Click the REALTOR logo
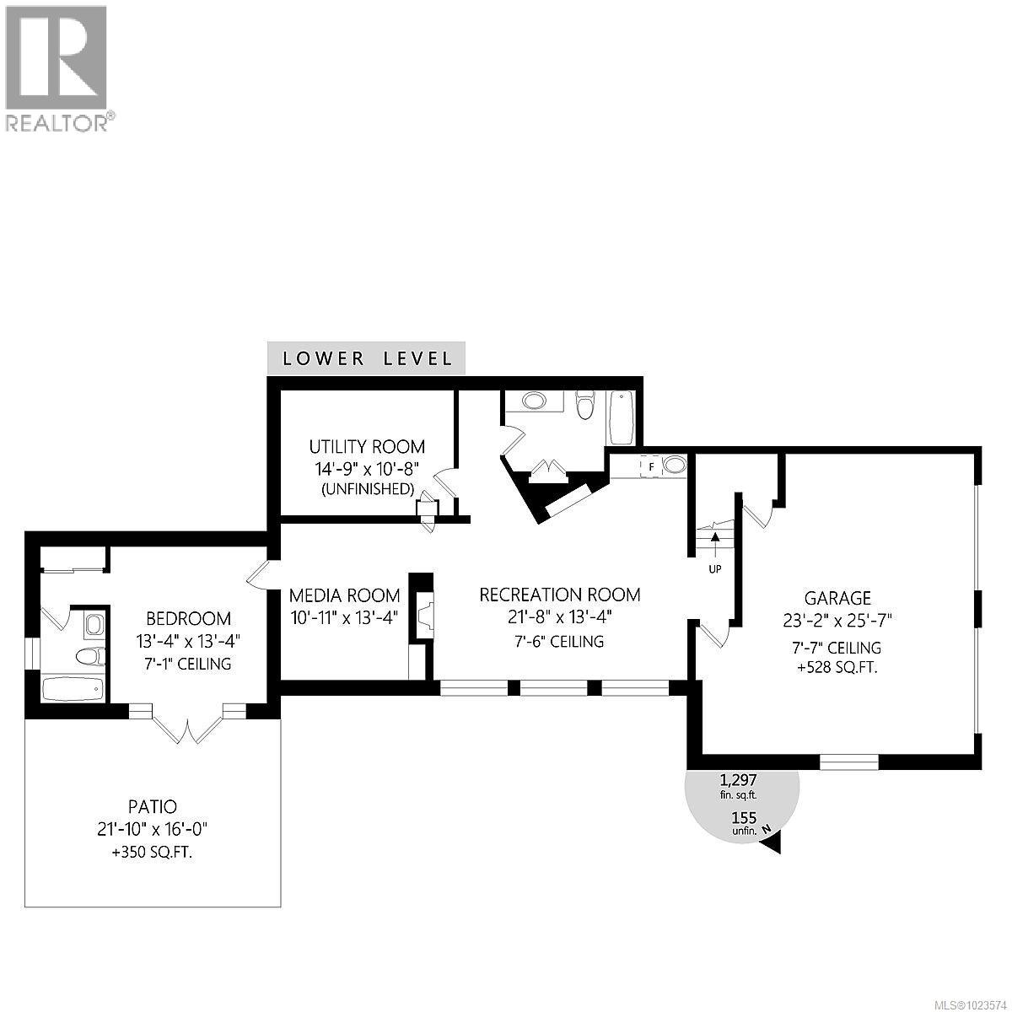click(x=57, y=67)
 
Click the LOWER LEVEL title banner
click(x=367, y=358)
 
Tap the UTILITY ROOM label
click(x=366, y=447)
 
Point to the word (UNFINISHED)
click(x=366, y=489)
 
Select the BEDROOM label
click(x=188, y=618)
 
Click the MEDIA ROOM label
click(x=343, y=595)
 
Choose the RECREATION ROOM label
click(x=559, y=595)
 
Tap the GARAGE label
click(x=837, y=598)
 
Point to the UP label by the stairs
click(x=714, y=568)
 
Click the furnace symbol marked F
click(x=651, y=466)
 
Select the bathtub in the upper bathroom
click(x=620, y=417)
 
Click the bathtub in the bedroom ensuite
click(x=73, y=687)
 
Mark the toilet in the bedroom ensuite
click(x=87, y=656)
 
